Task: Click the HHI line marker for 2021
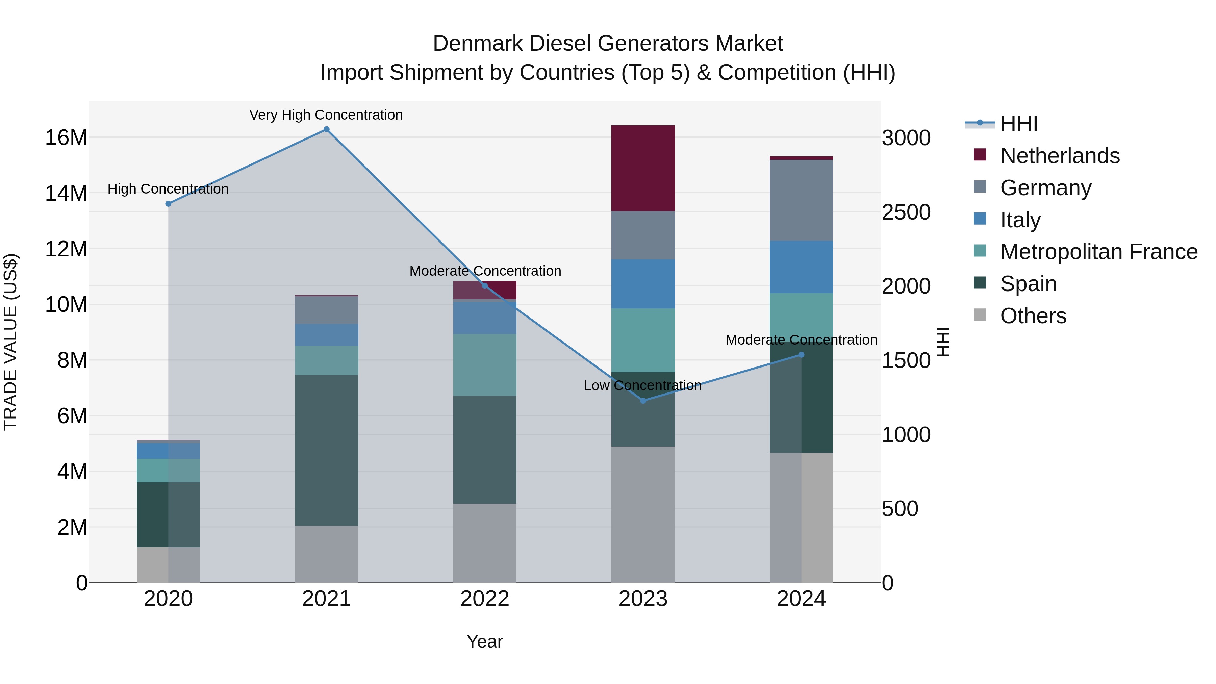(x=326, y=129)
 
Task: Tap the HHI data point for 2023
(x=643, y=400)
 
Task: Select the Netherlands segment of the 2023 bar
(x=643, y=168)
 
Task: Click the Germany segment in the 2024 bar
(x=801, y=200)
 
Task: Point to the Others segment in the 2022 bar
(x=485, y=543)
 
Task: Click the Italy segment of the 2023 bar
(x=643, y=284)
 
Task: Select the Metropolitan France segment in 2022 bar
(x=485, y=365)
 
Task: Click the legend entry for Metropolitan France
(x=1098, y=252)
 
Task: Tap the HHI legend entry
(x=1018, y=124)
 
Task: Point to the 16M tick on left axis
(x=66, y=138)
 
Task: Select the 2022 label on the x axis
(x=485, y=599)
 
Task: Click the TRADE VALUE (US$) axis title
(x=10, y=342)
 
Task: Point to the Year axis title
(x=485, y=641)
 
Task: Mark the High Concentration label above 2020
(x=168, y=189)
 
